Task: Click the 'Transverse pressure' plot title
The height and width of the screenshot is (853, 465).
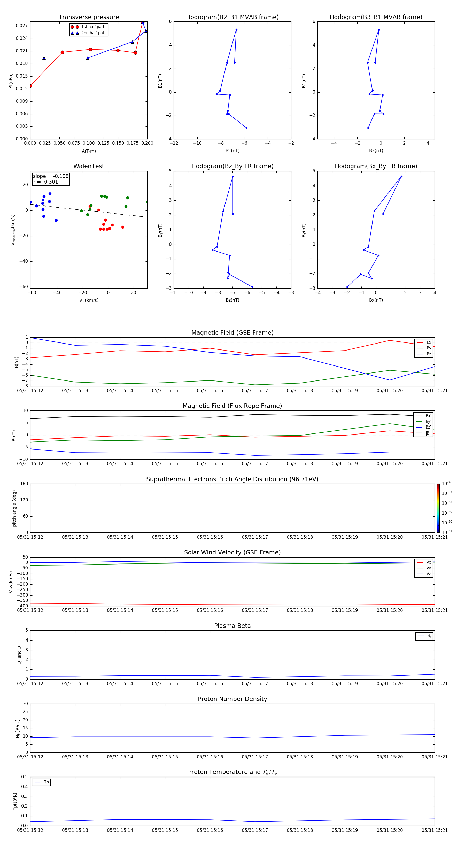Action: pyautogui.click(x=89, y=17)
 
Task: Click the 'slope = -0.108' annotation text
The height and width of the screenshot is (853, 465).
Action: pyautogui.click(x=51, y=176)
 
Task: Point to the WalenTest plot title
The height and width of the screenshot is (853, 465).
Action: pyautogui.click(x=89, y=166)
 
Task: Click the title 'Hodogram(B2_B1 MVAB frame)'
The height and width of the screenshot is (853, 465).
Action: pyautogui.click(x=232, y=17)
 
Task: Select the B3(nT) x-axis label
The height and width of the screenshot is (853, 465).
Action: pyautogui.click(x=376, y=151)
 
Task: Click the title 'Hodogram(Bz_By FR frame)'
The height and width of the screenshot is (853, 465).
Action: pyautogui.click(x=232, y=166)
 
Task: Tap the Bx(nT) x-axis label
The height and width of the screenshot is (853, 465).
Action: pyautogui.click(x=376, y=300)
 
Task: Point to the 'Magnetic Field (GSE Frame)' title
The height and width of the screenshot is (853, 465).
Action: pyautogui.click(x=232, y=333)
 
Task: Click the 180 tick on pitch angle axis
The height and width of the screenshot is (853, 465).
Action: pyautogui.click(x=24, y=484)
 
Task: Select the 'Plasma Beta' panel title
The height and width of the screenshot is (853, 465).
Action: pyautogui.click(x=232, y=626)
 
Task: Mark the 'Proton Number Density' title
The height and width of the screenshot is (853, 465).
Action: pyautogui.click(x=232, y=699)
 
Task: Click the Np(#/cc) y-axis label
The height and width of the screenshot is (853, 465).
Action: pyautogui.click(x=18, y=728)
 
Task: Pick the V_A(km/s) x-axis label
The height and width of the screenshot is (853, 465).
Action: pyautogui.click(x=89, y=300)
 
